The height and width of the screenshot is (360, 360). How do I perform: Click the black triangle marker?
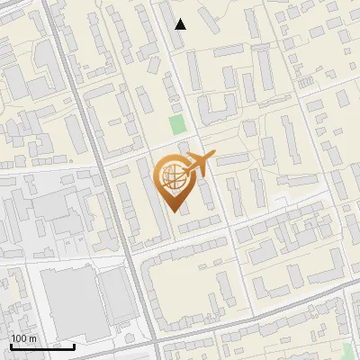tap(181, 24)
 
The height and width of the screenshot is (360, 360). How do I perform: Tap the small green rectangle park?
tap(177, 125)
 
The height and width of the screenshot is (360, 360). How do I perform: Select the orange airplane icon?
tap(201, 165)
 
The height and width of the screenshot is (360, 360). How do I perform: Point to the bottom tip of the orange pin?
tap(173, 212)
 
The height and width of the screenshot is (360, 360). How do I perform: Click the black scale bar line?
tap(42, 346)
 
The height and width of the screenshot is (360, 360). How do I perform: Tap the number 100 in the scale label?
tap(21, 338)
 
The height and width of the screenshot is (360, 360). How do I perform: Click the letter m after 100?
tap(33, 338)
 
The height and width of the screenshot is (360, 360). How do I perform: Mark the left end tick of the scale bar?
tap(11, 345)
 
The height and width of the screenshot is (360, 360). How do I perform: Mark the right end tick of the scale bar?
tap(74, 345)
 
